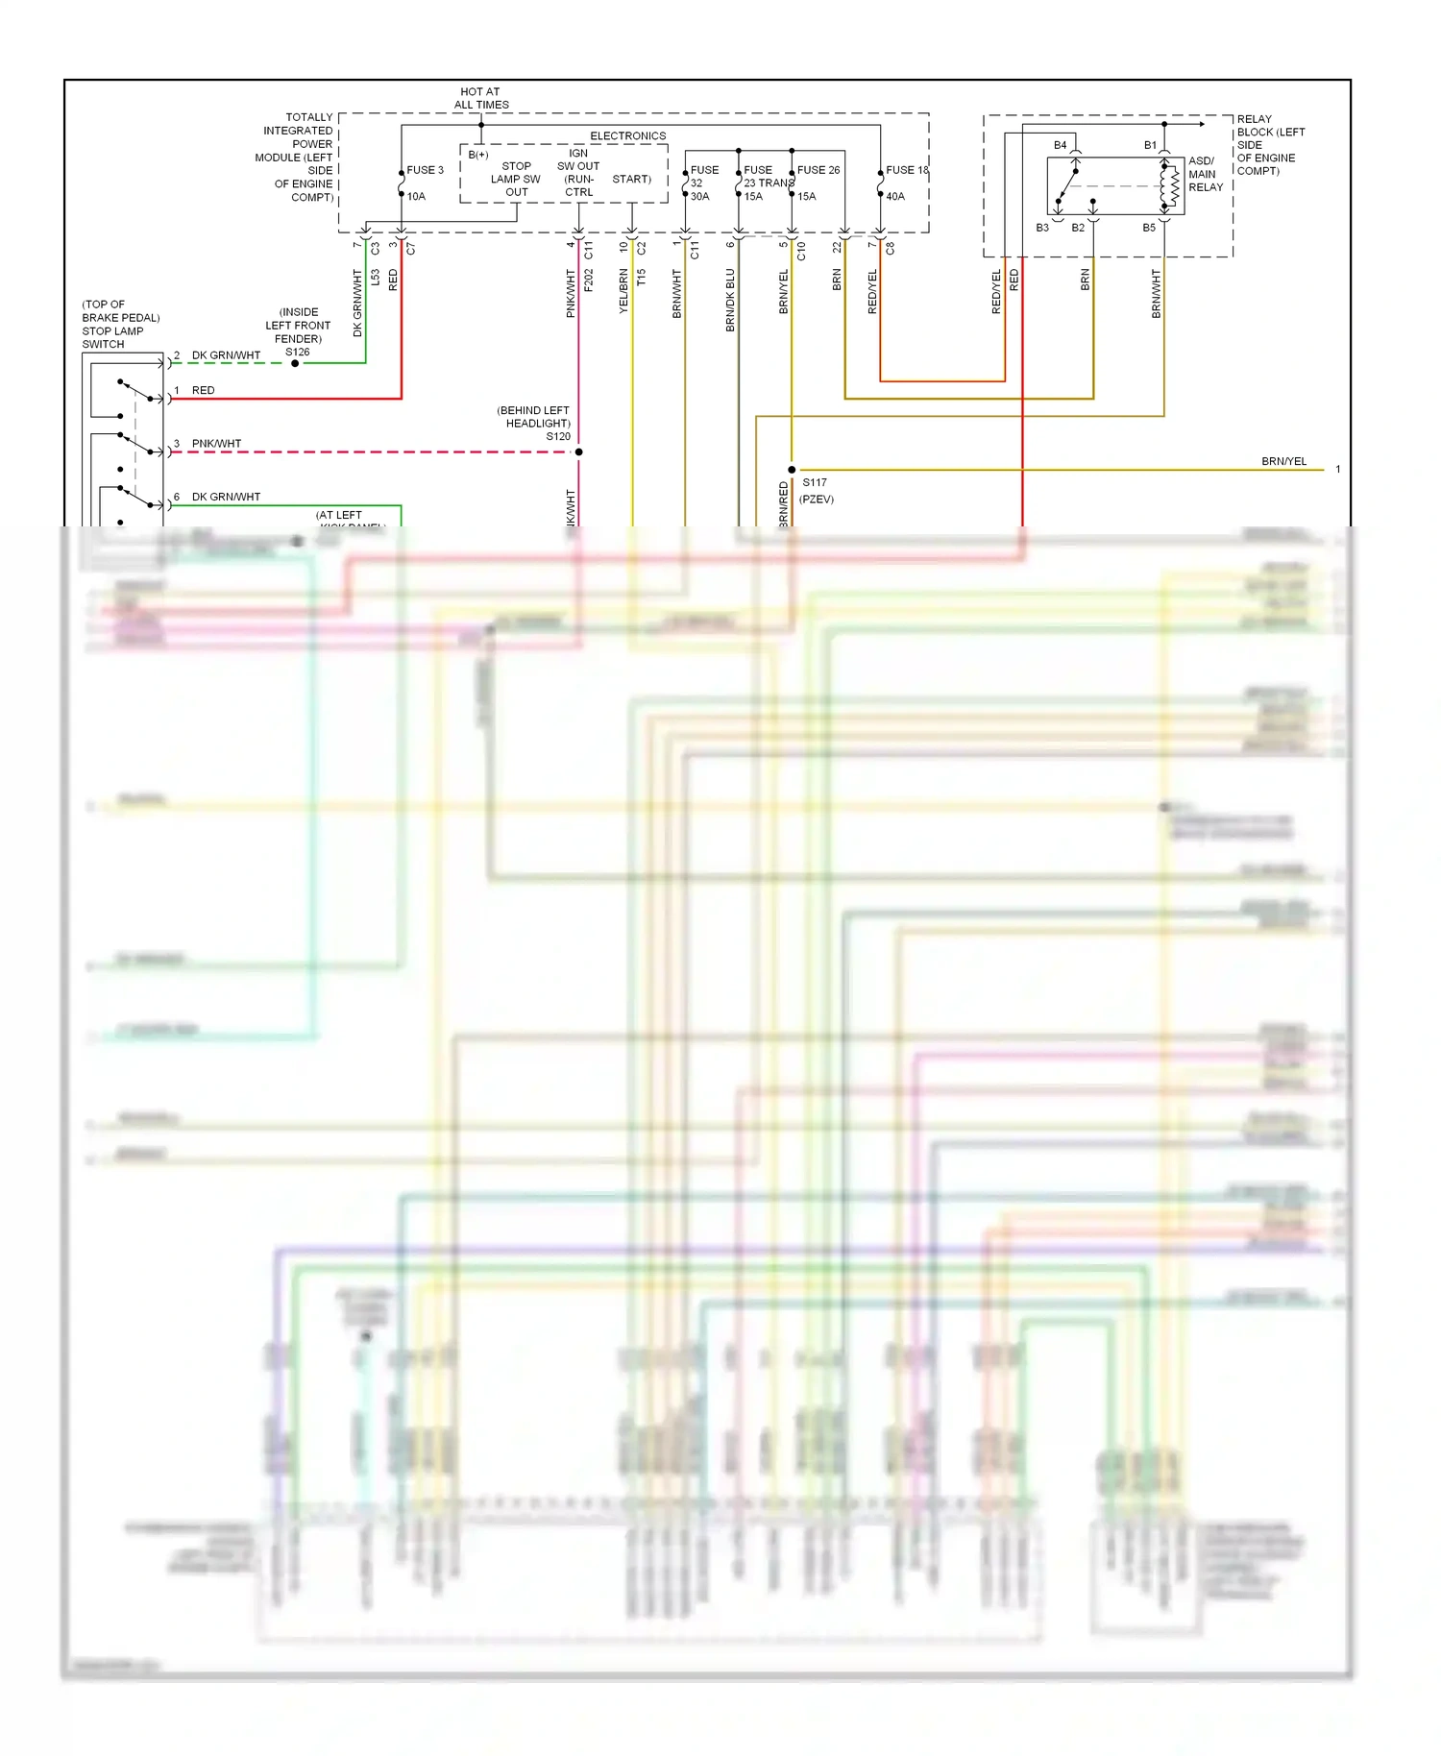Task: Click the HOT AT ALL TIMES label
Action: [480, 98]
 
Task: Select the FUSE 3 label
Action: [425, 170]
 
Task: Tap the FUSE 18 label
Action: [906, 170]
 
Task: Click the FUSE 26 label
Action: [818, 170]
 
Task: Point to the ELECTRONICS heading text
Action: [627, 135]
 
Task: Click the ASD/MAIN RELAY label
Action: [1205, 174]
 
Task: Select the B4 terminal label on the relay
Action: [1060, 145]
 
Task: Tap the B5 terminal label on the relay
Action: [1148, 228]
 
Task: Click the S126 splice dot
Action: [295, 363]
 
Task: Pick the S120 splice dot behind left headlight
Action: [578, 451]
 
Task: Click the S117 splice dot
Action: [792, 470]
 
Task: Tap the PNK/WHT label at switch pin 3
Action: [216, 444]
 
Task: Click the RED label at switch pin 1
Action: [203, 390]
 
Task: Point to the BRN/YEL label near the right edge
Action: [1283, 461]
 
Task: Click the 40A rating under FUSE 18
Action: [894, 196]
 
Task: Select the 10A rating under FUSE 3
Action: [416, 196]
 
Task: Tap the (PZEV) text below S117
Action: [816, 500]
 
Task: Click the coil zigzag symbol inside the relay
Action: [1171, 186]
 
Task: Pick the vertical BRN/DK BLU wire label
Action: [730, 300]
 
